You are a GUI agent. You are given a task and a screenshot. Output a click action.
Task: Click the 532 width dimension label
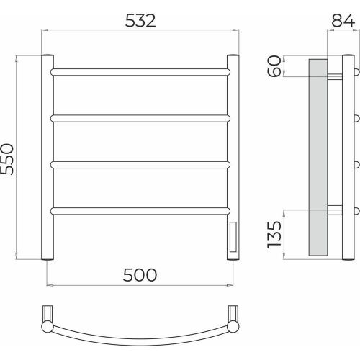140,21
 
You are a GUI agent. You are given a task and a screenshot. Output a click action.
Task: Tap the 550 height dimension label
7,159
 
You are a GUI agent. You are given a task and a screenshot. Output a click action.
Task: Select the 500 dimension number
140,275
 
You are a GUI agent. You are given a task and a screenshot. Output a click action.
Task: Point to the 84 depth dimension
343,20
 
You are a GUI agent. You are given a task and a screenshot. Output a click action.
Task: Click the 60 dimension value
274,66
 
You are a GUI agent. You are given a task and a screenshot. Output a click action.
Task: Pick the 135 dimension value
274,235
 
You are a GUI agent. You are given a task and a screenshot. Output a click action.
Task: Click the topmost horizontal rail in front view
140,72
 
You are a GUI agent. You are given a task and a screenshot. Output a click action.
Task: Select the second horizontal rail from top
140,118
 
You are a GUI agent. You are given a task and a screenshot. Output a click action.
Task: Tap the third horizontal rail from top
140,165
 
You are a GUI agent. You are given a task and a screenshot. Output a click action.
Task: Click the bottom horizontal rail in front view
140,211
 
